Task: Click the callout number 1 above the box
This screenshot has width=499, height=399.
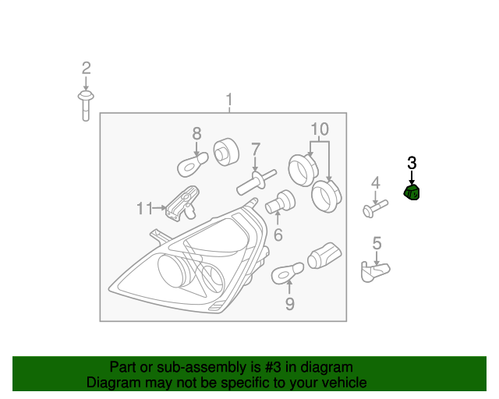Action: (x=229, y=100)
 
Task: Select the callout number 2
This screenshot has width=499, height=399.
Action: (x=86, y=68)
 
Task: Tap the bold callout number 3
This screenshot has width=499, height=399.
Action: (x=412, y=163)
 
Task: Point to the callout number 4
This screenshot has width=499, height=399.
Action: (x=375, y=183)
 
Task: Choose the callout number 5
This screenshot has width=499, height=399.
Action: (x=377, y=244)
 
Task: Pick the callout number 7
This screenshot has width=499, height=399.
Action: (x=255, y=149)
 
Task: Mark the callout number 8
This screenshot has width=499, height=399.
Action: (x=196, y=133)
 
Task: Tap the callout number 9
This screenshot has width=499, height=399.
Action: (x=289, y=303)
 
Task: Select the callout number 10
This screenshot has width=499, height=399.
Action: (x=320, y=129)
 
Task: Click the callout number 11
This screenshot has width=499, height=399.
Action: (x=144, y=208)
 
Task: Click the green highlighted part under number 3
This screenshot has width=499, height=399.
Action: (x=412, y=192)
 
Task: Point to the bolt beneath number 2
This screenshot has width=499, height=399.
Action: (x=85, y=103)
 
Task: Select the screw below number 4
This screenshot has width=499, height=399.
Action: (x=374, y=208)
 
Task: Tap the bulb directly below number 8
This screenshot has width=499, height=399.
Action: (x=191, y=164)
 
